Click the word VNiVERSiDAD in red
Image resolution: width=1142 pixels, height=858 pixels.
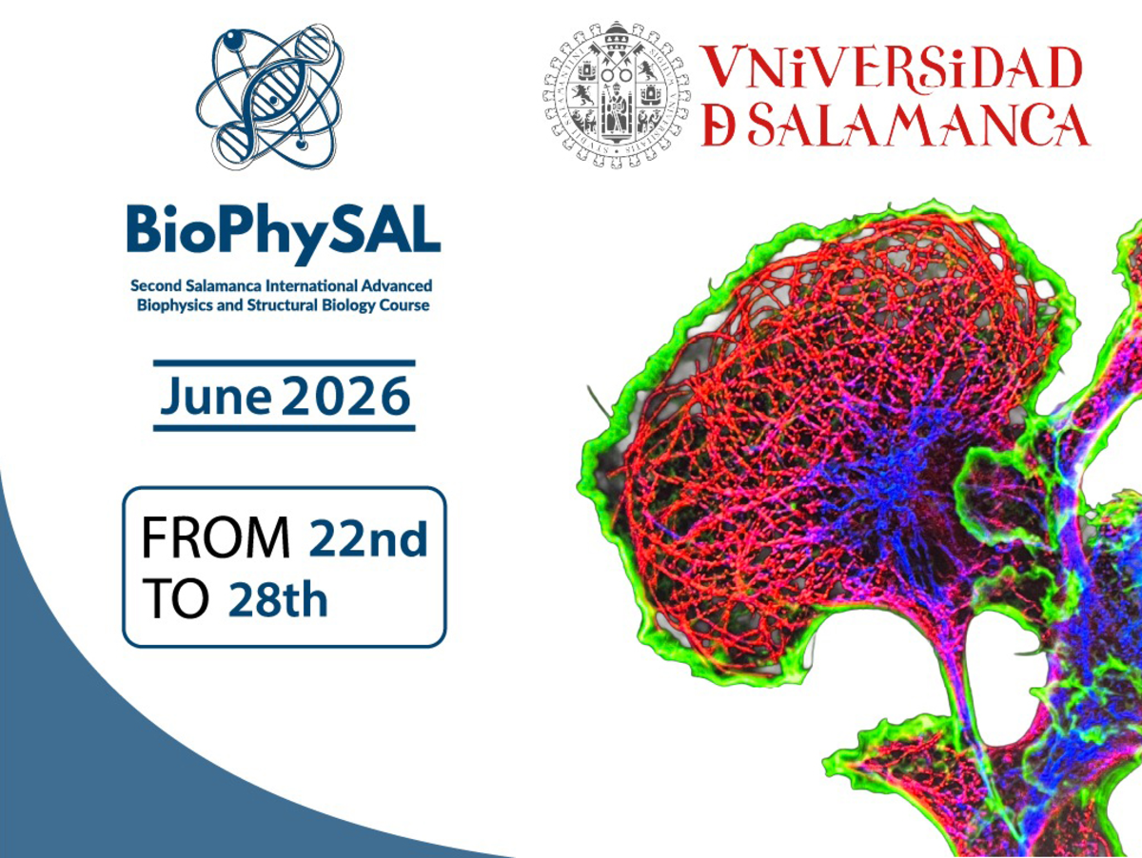pos(893,69)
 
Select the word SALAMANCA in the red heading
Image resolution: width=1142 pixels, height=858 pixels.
pos(918,125)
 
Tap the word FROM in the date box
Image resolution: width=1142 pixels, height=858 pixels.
pos(215,540)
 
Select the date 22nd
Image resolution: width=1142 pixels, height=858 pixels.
pos(367,540)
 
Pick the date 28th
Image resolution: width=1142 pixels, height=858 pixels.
pos(278,600)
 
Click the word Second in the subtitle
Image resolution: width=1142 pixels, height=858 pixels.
pos(153,285)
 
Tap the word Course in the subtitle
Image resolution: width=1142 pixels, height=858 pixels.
pos(404,305)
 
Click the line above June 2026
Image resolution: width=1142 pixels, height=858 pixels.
pos(284,362)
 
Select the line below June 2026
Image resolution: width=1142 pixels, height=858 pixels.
pos(284,428)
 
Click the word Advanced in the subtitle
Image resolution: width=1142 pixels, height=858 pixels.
pos(400,285)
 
